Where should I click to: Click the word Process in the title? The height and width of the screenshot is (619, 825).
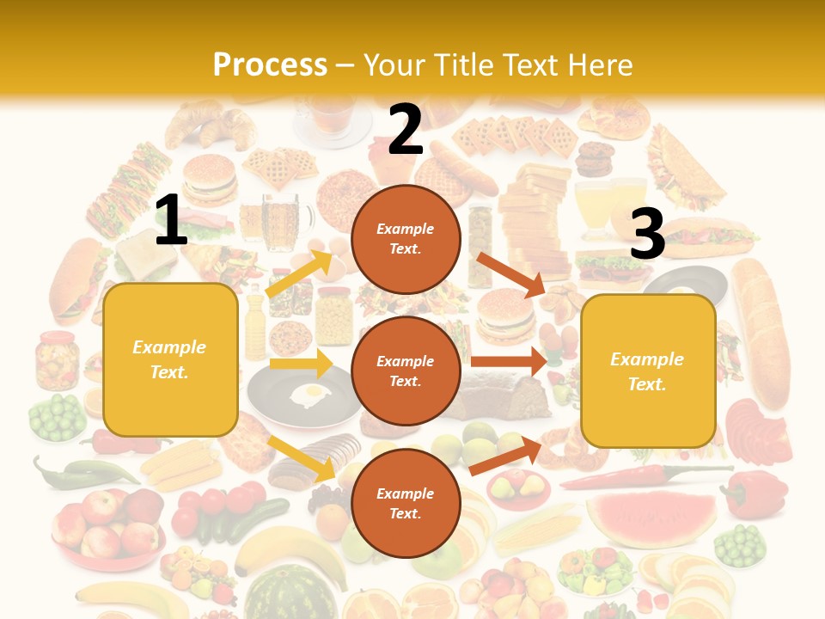[x=270, y=65]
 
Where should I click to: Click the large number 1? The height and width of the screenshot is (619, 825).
[x=171, y=220]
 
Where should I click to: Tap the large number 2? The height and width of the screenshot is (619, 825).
[x=405, y=130]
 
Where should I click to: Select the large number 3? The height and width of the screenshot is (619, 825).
[x=647, y=235]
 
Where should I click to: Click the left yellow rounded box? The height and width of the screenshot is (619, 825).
[x=170, y=359]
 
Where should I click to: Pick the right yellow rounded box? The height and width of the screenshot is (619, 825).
[x=648, y=371]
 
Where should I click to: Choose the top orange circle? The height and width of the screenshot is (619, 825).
[x=406, y=239]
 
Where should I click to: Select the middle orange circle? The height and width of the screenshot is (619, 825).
[x=406, y=371]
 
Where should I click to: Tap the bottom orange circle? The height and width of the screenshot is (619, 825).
[x=406, y=503]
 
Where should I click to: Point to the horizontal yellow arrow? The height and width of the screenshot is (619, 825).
[x=301, y=364]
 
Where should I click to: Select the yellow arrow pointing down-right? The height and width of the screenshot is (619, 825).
[x=302, y=458]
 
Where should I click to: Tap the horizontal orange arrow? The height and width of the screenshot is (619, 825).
[x=509, y=361]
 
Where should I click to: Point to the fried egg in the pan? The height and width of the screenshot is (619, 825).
[x=310, y=395]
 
